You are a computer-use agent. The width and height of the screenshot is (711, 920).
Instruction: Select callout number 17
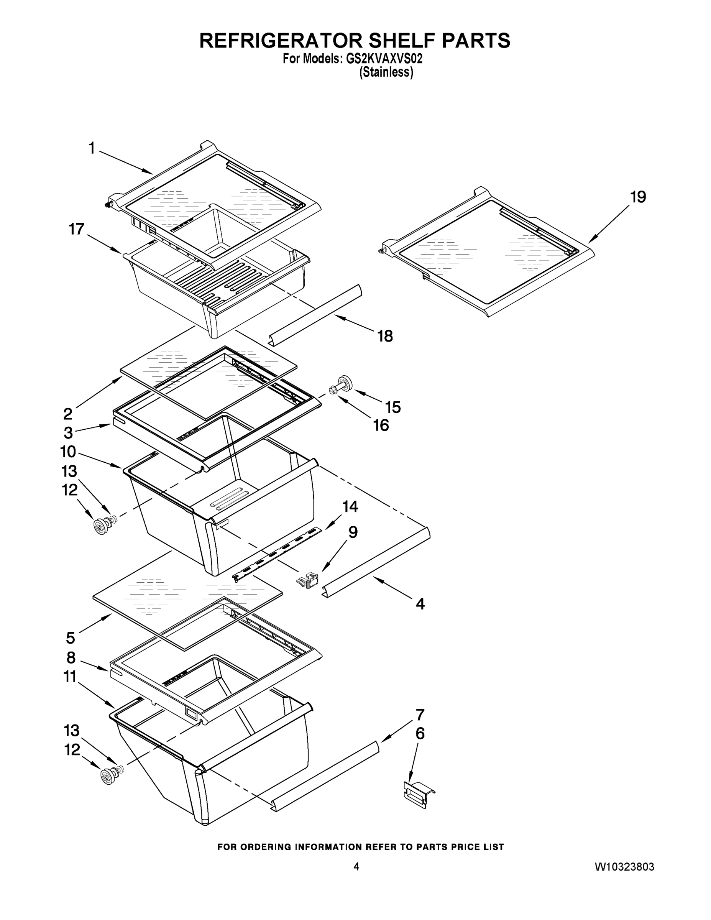[77, 229]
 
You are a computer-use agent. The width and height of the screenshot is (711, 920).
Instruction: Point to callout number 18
[385, 336]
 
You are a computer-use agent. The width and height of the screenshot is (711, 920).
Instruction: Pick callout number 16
[381, 426]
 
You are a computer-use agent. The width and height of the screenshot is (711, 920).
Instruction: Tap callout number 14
[350, 506]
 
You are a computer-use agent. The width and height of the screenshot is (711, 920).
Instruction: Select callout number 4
[420, 604]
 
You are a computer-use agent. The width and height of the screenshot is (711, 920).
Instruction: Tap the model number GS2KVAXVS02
[384, 59]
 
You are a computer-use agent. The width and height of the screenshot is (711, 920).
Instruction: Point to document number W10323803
[624, 867]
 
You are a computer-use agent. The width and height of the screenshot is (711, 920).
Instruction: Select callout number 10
[68, 452]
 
